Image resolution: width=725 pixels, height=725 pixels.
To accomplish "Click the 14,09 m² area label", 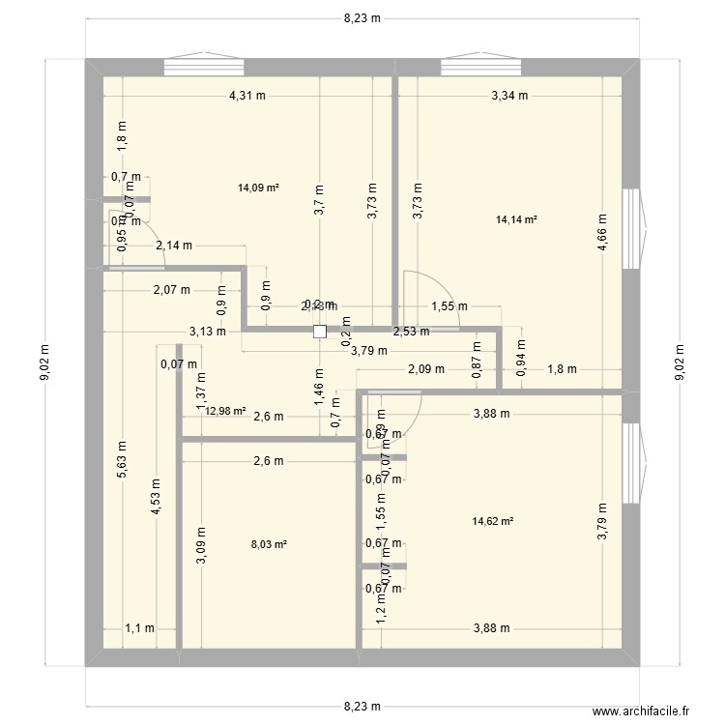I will [x=258, y=188].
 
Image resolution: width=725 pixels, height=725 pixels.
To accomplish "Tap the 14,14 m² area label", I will [x=516, y=220].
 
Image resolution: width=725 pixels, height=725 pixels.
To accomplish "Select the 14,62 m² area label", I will [x=492, y=522].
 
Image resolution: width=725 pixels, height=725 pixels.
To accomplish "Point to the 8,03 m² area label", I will [x=268, y=545].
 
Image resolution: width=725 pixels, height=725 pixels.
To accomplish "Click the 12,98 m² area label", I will [x=225, y=411].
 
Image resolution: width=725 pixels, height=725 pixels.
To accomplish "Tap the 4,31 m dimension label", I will [x=247, y=96].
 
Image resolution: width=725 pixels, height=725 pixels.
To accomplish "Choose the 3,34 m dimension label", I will [x=510, y=96].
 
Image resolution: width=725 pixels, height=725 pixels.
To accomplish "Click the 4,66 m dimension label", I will [x=601, y=233].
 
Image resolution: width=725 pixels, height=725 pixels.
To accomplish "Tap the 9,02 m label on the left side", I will [x=43, y=363].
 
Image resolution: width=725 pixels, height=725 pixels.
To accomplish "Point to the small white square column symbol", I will [x=320, y=331].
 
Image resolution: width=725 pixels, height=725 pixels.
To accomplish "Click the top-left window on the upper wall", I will [x=203, y=66].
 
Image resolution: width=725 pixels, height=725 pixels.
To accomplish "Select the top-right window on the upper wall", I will [x=481, y=66].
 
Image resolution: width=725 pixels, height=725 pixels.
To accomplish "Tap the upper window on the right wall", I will [x=631, y=228].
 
